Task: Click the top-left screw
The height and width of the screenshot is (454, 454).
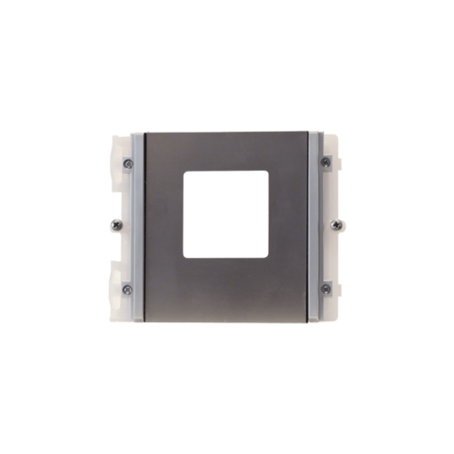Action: [127, 163]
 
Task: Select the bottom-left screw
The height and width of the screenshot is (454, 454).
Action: [127, 289]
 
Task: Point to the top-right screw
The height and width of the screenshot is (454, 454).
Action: [325, 163]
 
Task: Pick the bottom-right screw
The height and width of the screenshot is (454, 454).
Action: [325, 289]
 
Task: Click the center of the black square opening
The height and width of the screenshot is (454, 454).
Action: [226, 215]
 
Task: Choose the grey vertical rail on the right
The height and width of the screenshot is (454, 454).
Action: [314, 227]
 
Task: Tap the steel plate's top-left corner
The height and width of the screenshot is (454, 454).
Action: [143, 132]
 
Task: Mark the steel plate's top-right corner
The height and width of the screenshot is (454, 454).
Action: [309, 132]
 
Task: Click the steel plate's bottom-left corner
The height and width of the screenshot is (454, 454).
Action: [143, 322]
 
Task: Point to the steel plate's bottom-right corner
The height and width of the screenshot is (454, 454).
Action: [309, 322]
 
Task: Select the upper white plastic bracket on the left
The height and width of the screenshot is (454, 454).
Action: [115, 173]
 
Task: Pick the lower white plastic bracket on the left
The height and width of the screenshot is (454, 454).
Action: [115, 281]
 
